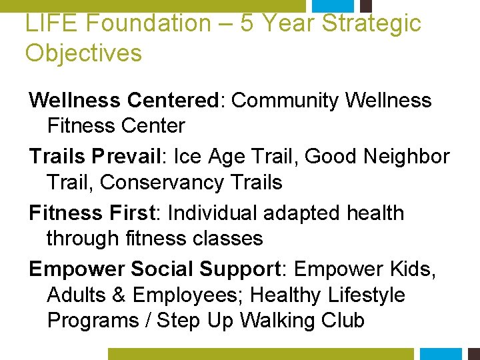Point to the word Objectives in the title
point(83,53)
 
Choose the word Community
point(286,101)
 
